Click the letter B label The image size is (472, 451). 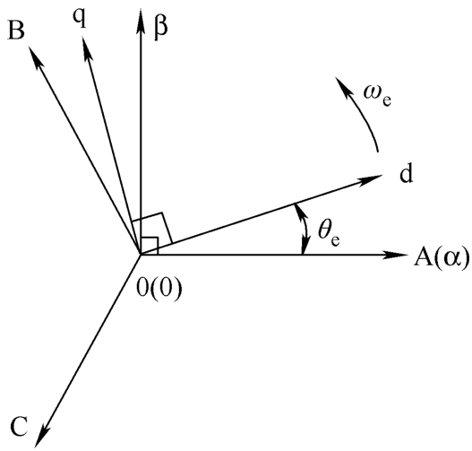[16, 30]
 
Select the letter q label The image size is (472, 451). [80, 20]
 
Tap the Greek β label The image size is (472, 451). [160, 28]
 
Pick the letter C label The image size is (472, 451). [19, 427]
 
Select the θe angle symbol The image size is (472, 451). [330, 232]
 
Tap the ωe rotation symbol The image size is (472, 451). [377, 95]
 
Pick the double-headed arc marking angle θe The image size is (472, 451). [306, 228]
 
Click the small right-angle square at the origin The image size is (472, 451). [150, 247]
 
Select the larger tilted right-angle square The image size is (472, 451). [152, 229]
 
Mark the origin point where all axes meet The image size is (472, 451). [141, 255]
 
